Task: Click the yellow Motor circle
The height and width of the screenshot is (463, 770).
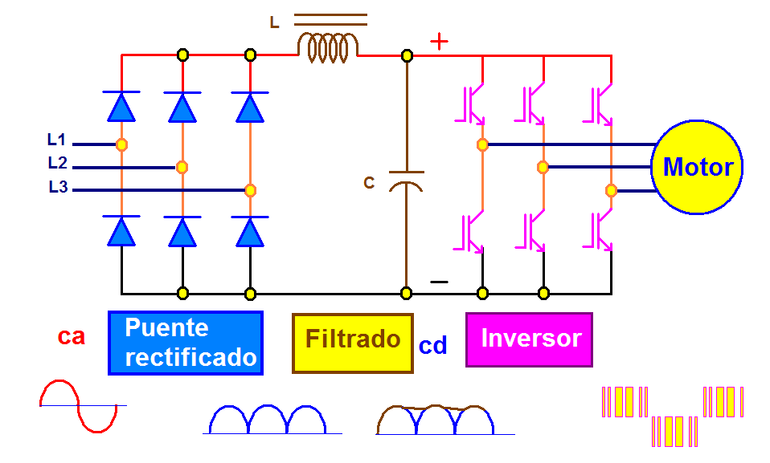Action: point(697,167)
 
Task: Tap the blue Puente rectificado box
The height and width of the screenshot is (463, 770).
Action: point(186,343)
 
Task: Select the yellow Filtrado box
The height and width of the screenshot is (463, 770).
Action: point(353,343)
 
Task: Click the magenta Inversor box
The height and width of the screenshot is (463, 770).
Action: point(530,339)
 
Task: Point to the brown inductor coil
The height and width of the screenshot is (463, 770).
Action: point(328,47)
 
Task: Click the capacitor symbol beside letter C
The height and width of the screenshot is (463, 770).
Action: point(406,181)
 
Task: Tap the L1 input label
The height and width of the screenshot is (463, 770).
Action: point(56,140)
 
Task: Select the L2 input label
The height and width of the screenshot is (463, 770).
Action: point(57,163)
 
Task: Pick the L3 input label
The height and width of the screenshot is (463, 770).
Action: point(58,187)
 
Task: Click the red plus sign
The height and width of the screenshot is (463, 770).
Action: point(439,42)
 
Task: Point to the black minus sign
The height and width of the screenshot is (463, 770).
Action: point(439,282)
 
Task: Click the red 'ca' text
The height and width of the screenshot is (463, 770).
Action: point(72,336)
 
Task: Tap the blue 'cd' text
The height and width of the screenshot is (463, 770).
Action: point(432,345)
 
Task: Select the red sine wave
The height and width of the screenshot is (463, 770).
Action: point(79,406)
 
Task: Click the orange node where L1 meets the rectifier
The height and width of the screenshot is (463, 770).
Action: point(122,144)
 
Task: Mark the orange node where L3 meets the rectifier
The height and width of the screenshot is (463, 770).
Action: point(250,190)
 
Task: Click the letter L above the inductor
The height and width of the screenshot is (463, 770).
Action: point(275,22)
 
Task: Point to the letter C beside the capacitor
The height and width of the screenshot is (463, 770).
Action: point(369,183)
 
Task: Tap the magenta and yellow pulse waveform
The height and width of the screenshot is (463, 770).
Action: point(673,416)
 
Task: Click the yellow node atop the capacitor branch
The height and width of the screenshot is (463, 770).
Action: point(407,55)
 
